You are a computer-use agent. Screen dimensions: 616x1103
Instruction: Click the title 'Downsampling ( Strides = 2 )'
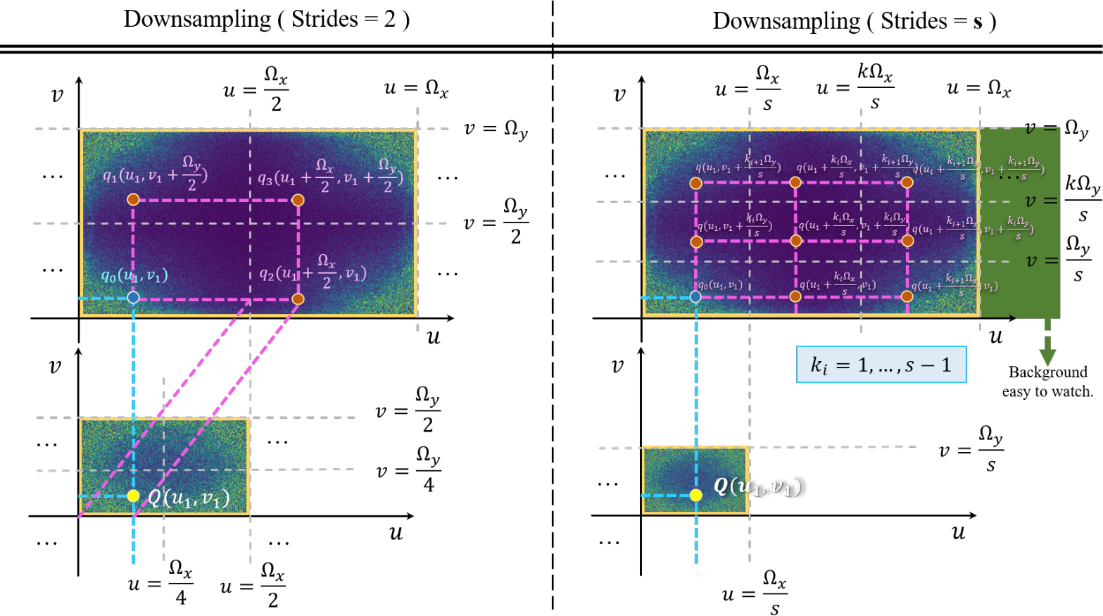coord(266,20)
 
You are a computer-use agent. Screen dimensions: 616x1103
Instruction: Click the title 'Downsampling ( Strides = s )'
coord(854,21)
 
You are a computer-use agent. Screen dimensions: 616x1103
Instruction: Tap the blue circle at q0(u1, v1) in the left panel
coord(133,298)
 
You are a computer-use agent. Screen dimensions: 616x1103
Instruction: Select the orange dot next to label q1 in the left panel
coord(133,200)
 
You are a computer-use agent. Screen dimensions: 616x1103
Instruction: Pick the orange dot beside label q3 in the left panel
coord(298,200)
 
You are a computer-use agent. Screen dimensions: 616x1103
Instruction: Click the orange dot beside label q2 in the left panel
coord(298,299)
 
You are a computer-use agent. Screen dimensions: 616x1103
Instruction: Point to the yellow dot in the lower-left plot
coord(133,496)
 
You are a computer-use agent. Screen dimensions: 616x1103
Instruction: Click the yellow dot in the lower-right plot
coord(695,495)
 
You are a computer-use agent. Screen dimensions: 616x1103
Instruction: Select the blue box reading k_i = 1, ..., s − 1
coord(881,365)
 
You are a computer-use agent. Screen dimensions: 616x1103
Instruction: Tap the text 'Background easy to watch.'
coord(1047,382)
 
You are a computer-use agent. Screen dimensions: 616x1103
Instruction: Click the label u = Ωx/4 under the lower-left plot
coord(160,583)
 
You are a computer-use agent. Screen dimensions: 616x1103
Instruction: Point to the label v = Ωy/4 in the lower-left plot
coord(408,469)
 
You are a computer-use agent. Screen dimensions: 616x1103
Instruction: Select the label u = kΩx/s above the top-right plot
coord(855,87)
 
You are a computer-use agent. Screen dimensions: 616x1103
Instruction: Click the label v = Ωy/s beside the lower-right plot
coord(971,448)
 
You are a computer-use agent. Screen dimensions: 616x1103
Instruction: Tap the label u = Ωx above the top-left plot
coord(416,89)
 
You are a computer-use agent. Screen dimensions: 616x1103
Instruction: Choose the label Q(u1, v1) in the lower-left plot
coord(188,498)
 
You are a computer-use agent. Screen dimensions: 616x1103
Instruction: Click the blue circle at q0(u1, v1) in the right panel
coord(695,297)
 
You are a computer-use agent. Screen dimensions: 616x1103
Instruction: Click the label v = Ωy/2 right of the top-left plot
coord(496,222)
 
